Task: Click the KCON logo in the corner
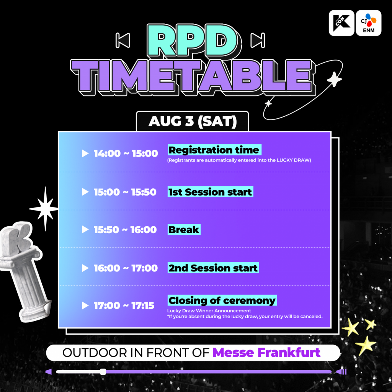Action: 341,23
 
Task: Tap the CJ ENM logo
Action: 369,23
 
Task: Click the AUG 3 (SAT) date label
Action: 193,121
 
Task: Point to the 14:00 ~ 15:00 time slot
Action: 126,154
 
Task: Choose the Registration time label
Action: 214,150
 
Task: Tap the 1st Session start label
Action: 210,192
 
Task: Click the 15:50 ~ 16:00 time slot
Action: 125,230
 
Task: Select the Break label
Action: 184,230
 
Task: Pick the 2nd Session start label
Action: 213,268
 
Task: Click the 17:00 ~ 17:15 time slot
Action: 124,305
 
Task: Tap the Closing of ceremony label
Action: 222,300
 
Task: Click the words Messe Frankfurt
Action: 266,353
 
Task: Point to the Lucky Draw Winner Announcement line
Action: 209,311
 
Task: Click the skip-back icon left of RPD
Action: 123,40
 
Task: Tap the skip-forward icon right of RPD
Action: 258,40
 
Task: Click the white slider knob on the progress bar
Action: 103,372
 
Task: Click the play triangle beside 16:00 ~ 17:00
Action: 85,268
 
